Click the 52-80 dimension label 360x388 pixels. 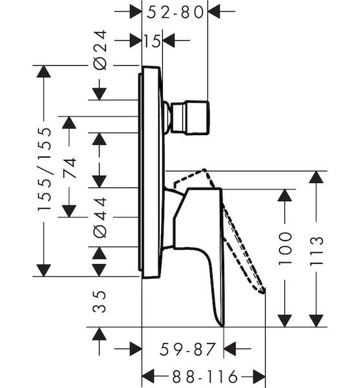tap(175, 12)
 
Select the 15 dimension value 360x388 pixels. tap(152, 41)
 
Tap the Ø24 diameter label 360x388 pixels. tap(101, 50)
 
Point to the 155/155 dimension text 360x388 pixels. tap(45, 169)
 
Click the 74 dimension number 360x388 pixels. tap(69, 168)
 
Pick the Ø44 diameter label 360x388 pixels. tap(101, 217)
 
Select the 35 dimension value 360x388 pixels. tap(100, 301)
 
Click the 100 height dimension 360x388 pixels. tap(285, 248)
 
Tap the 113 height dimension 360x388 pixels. tap(317, 251)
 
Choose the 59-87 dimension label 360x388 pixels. tap(187, 349)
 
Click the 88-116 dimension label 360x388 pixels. tap(205, 376)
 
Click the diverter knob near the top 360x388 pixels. tap(190, 118)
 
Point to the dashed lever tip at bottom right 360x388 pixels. tap(262, 292)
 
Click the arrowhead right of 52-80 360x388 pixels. tap(214, 12)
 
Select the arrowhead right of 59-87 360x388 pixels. tap(229, 349)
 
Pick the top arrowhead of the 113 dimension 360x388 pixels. tap(316, 177)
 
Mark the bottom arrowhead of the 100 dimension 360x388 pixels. tap(285, 321)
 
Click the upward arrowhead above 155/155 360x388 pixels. tap(43, 72)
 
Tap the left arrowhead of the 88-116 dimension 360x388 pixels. tap(148, 376)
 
